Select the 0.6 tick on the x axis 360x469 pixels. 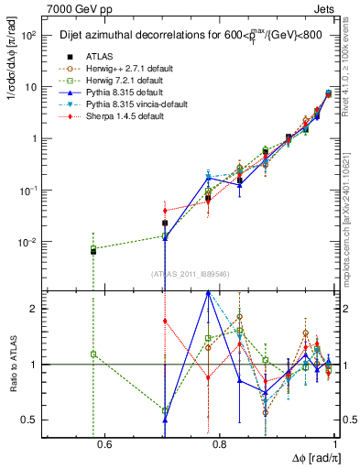[x=104, y=446]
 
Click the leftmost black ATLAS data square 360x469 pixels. [x=93, y=251]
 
